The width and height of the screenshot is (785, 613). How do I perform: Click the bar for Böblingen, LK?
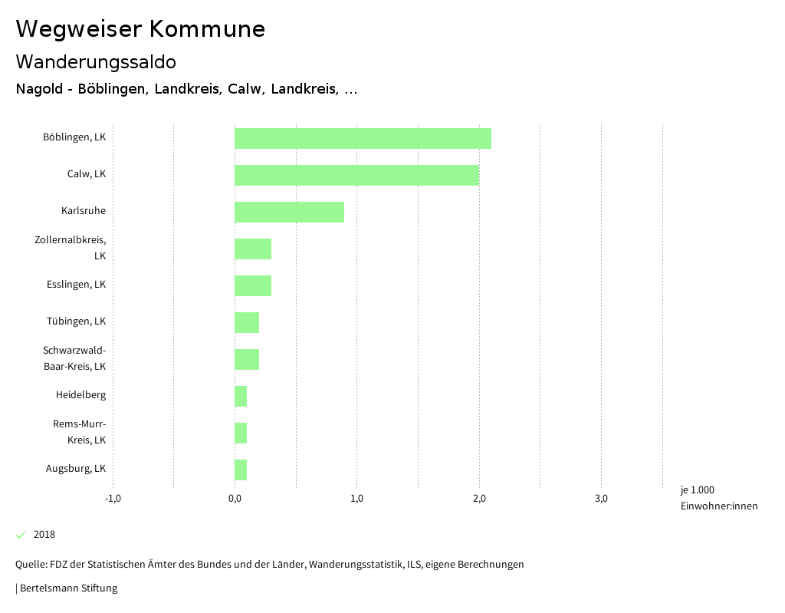(363, 138)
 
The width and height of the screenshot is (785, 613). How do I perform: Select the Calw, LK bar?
(356, 175)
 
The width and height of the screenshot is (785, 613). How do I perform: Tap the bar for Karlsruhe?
(289, 212)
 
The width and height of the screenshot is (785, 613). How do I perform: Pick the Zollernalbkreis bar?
(253, 249)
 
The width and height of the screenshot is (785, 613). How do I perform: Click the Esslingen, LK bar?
(253, 285)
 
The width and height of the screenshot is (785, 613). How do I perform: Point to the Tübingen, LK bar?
(247, 322)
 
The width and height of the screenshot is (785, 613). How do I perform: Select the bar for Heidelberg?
(241, 396)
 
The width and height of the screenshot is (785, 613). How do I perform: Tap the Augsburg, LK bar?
(241, 470)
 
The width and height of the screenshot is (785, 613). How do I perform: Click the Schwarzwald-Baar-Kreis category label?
(74, 358)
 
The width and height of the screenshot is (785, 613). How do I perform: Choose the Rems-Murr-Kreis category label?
(79, 432)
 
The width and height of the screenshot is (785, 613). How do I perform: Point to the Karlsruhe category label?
(84, 211)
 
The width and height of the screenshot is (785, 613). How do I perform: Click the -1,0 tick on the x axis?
(113, 499)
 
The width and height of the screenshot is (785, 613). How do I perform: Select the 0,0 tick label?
(235, 499)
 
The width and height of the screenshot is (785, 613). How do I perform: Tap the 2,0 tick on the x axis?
(479, 499)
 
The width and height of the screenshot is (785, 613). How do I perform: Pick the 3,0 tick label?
(601, 499)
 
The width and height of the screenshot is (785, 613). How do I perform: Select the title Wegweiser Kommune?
(140, 29)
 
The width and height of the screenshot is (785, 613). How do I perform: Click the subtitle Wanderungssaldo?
(96, 61)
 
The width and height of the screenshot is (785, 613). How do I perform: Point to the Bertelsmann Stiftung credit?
(67, 588)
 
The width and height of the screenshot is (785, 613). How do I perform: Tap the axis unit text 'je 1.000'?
(697, 490)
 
